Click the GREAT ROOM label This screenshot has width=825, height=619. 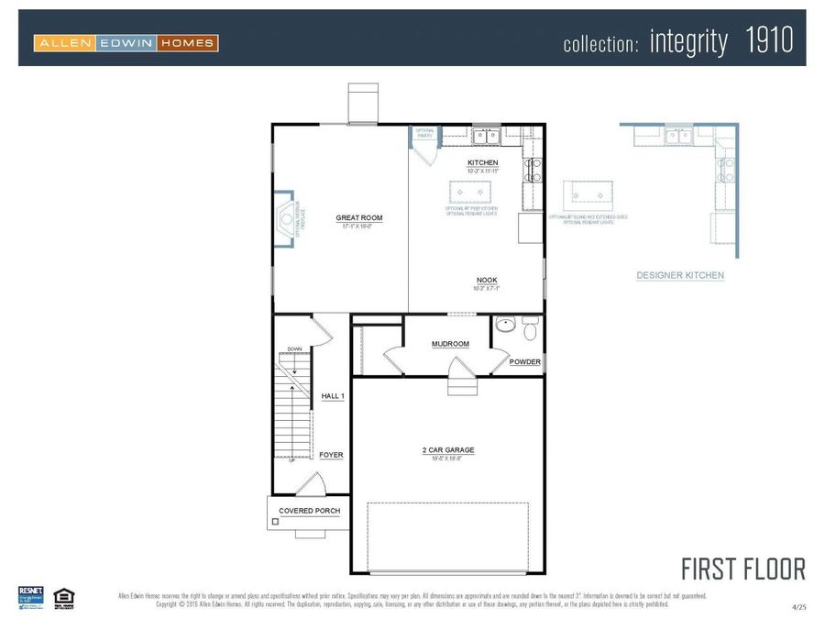(358, 218)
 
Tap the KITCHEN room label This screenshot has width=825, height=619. (482, 163)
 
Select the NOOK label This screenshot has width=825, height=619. (487, 281)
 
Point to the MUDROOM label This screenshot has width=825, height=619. (450, 344)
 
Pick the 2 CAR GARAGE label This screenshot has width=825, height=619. (448, 450)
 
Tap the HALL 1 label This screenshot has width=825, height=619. (332, 396)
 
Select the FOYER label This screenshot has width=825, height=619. (331, 455)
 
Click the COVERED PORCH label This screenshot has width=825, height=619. (310, 511)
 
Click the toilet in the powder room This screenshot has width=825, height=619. (529, 326)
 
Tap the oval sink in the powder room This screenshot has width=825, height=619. (504, 325)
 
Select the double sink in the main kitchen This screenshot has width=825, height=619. (486, 137)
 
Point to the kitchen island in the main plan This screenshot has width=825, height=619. (470, 193)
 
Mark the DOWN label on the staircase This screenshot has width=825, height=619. (294, 349)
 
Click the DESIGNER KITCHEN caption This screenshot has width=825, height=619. (680, 275)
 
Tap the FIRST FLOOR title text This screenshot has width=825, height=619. (742, 569)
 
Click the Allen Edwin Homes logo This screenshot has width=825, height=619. (126, 42)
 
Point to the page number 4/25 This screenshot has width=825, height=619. (799, 607)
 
